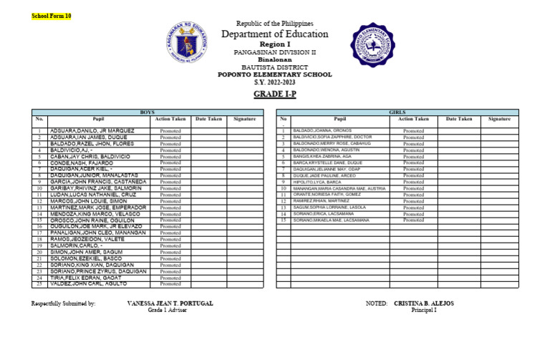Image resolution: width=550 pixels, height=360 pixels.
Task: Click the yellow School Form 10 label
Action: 52,16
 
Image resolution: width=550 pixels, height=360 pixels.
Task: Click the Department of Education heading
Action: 274,34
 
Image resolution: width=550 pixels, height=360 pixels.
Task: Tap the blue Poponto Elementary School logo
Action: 372,45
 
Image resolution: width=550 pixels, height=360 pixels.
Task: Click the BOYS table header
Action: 147,112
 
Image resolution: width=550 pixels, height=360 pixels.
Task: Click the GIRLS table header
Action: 397,112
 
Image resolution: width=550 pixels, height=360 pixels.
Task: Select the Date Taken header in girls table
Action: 459,119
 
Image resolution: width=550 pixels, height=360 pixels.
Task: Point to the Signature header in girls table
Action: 499,119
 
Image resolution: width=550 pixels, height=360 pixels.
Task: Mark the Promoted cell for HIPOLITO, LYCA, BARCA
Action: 413,182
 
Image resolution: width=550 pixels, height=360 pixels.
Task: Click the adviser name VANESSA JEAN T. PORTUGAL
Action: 170,303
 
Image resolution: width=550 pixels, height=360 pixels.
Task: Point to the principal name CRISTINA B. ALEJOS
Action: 423,303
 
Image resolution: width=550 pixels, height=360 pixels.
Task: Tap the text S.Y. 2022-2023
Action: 274,82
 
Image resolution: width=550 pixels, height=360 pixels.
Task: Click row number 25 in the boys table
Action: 39,284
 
